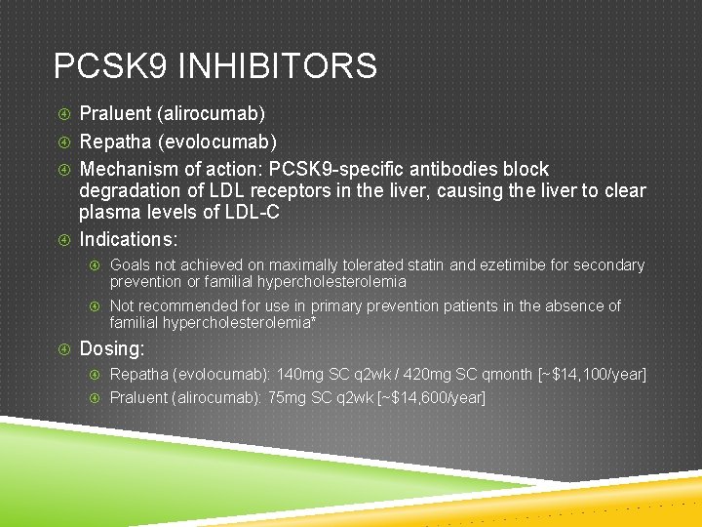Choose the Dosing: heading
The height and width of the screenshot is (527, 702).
point(112,348)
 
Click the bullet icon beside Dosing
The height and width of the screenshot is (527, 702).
point(63,348)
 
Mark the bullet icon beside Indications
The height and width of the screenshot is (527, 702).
point(63,239)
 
